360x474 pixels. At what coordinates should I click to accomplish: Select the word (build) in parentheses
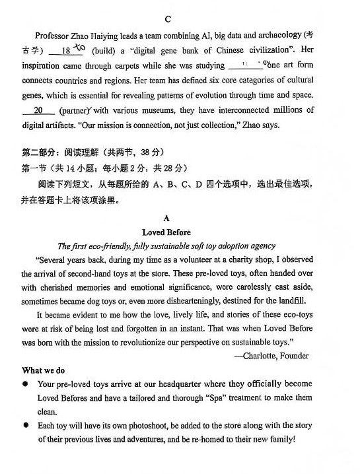105,51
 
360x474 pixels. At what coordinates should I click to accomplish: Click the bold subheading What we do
44,370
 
